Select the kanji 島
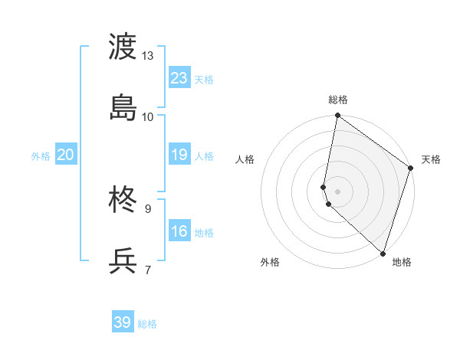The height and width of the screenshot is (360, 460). point(123,107)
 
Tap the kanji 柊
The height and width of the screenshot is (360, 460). point(123,201)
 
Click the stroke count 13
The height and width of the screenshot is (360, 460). point(148,56)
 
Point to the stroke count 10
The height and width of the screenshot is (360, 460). point(148,116)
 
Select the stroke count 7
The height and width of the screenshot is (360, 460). point(148,270)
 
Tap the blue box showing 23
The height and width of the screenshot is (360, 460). point(179,78)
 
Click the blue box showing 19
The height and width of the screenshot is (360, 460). point(179,155)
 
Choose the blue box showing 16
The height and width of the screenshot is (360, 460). point(179,231)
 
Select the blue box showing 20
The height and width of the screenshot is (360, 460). point(66,155)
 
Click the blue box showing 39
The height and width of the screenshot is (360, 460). point(123,322)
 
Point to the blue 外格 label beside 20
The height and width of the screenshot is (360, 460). point(41,156)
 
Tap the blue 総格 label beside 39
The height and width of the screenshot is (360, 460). point(147,324)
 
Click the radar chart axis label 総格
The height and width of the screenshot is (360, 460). point(338,100)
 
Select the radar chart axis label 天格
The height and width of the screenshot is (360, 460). point(431,159)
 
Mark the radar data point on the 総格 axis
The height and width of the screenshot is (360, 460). point(338,116)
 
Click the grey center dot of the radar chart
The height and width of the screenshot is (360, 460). point(338,191)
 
